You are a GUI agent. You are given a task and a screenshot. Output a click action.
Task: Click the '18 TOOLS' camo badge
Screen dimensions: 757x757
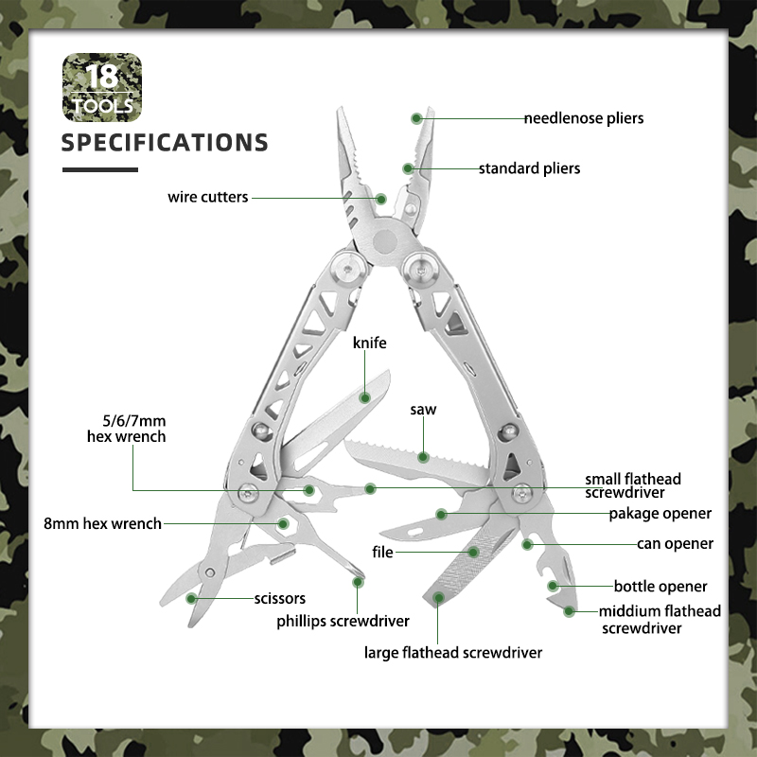tap(102, 87)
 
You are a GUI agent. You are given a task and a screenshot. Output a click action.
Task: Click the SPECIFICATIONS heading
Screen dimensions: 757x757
tap(165, 143)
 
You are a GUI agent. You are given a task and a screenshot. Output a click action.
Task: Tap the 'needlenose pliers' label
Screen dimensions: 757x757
tap(584, 118)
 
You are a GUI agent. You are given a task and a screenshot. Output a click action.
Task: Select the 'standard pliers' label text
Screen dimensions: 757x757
tap(529, 168)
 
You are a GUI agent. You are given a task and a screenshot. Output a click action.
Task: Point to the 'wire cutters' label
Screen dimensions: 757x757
tap(207, 197)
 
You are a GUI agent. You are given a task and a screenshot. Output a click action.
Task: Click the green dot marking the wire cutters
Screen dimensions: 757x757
tap(381, 199)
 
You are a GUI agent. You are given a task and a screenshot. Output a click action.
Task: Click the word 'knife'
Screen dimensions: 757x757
tap(370, 343)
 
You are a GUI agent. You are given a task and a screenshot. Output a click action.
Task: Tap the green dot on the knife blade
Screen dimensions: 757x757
tap(365, 397)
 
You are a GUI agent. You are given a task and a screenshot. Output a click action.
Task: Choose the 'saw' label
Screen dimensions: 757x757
tap(423, 410)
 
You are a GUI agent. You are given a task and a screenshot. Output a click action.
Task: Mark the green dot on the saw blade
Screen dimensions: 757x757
tap(423, 457)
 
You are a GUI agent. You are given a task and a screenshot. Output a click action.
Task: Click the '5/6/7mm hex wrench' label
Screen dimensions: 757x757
tap(127, 429)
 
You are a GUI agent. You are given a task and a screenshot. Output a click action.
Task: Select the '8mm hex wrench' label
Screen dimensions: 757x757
tap(102, 523)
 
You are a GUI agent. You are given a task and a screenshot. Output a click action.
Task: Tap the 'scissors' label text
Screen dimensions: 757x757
tap(280, 599)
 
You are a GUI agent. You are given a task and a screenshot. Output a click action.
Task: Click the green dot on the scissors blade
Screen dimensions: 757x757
tap(191, 599)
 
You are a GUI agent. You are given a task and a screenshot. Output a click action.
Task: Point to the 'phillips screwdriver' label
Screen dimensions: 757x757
tap(343, 621)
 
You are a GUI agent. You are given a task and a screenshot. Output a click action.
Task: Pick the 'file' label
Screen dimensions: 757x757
tap(382, 552)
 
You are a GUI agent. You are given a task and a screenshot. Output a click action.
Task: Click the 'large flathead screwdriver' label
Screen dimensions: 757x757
tap(453, 653)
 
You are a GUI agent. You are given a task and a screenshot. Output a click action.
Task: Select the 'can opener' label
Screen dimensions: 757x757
tap(675, 544)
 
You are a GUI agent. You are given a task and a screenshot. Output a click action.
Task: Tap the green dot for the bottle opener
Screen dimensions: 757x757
tap(553, 586)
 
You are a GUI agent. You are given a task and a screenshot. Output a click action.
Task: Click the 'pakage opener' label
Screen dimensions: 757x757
tap(660, 514)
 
